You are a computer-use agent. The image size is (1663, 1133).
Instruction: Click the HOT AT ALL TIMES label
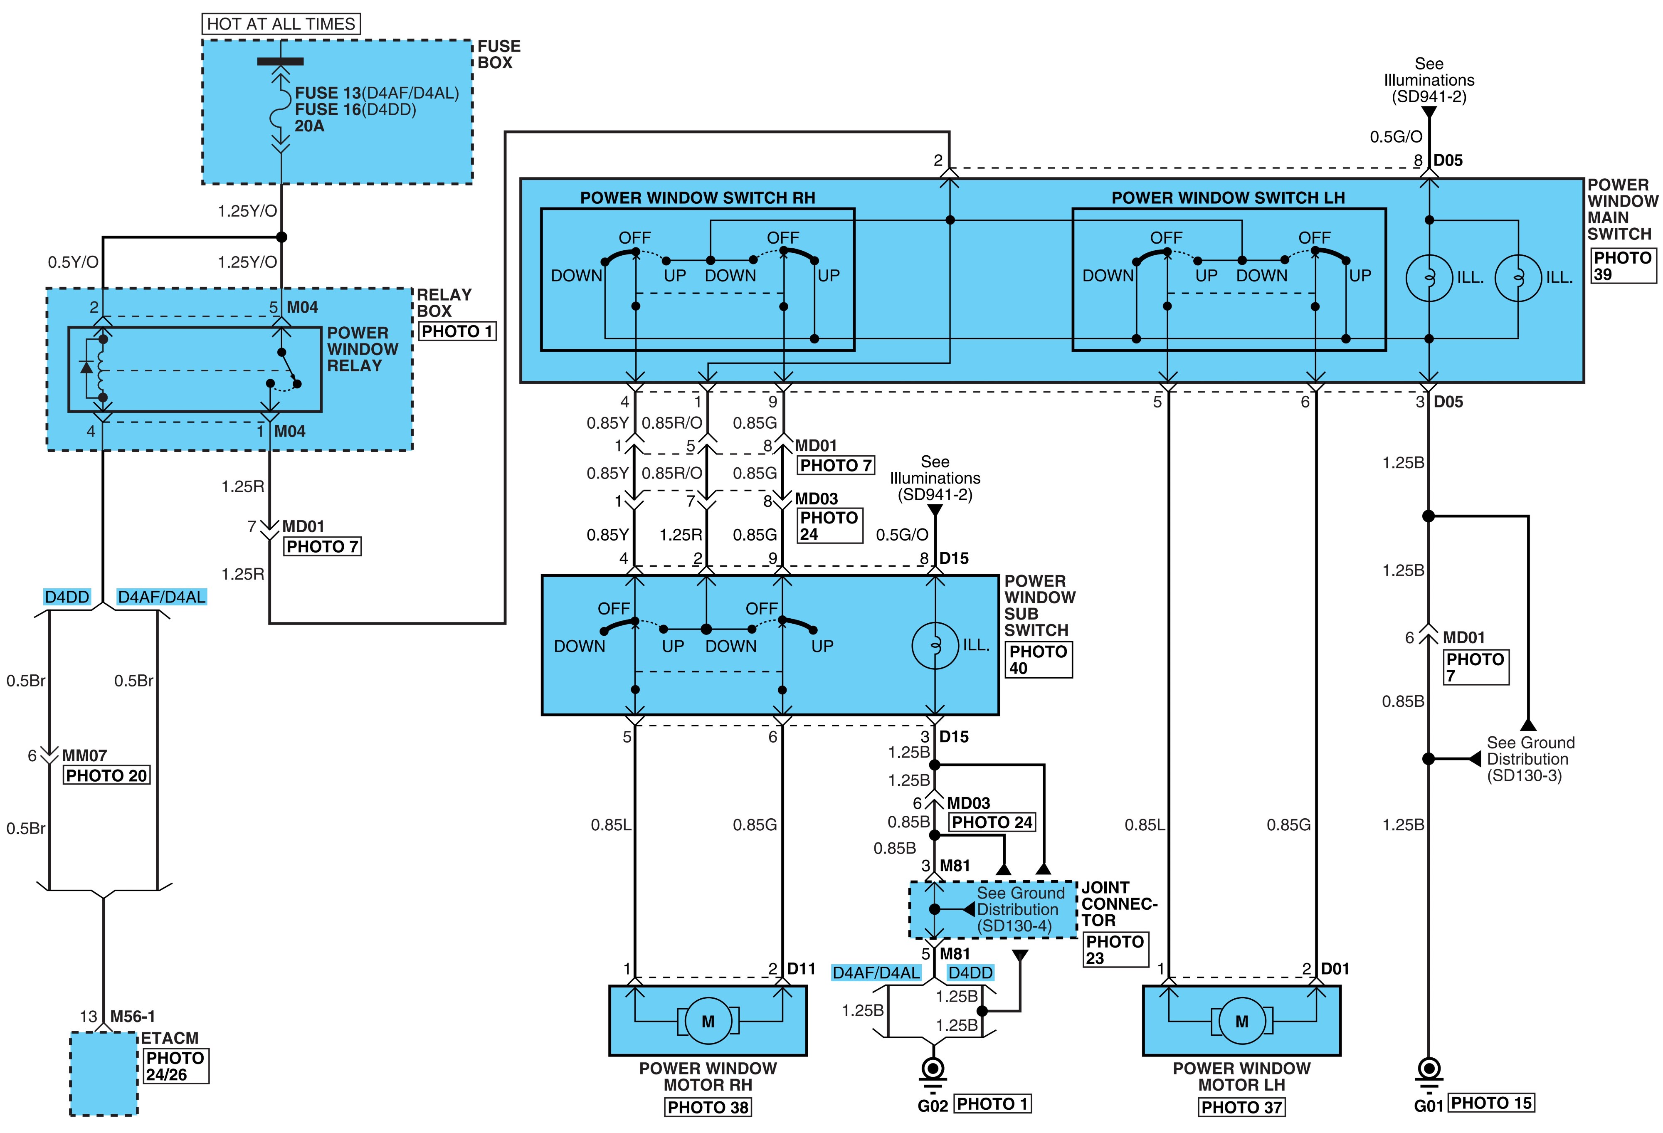[281, 24]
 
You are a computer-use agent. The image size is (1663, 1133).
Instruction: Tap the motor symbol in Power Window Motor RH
[708, 1021]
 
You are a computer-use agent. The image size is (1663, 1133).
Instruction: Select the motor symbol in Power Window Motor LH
[1241, 1021]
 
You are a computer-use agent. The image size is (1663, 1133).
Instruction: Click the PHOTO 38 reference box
[708, 1107]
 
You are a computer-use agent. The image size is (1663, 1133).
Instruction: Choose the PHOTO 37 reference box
[1241, 1107]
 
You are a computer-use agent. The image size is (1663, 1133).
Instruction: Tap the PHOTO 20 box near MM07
[106, 775]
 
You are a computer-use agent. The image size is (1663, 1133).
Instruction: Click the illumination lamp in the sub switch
[935, 646]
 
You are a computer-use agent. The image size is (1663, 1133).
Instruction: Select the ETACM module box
[104, 1073]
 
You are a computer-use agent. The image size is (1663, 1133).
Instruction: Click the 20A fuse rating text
[309, 126]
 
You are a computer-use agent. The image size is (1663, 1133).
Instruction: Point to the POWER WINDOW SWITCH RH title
[698, 197]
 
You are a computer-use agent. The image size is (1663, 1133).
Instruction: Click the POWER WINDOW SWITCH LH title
[1228, 197]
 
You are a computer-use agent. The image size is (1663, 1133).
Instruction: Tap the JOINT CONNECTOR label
[1118, 904]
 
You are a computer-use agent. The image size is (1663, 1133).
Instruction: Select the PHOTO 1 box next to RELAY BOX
[457, 331]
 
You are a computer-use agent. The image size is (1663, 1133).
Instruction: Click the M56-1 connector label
[132, 1016]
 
